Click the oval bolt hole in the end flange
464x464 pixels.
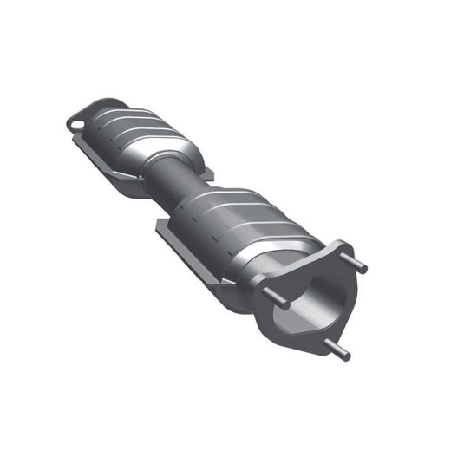point(77,124)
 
